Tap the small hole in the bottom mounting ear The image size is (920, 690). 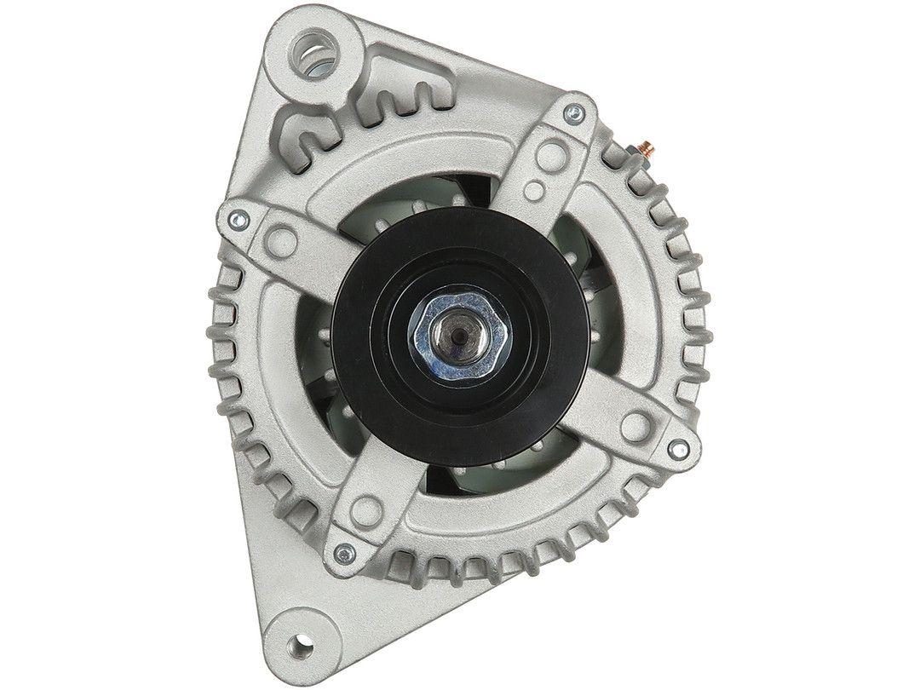(300, 642)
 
